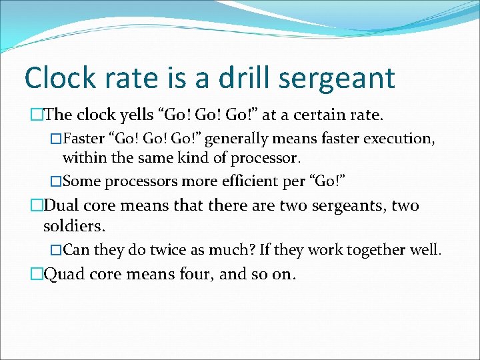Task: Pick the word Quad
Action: click(x=64, y=274)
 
